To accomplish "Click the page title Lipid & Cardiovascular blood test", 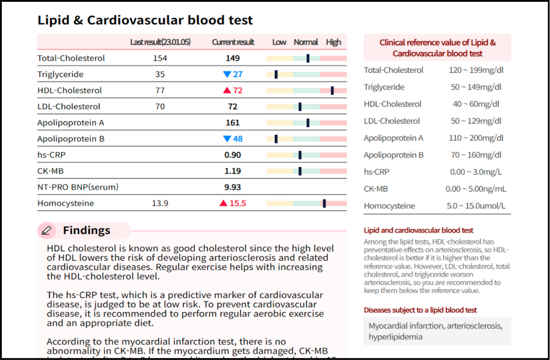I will [145, 20].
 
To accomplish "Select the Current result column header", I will [233, 42].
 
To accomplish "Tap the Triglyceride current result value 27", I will [238, 75].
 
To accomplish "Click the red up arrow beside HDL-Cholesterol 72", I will [227, 90].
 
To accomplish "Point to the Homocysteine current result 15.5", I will [238, 204].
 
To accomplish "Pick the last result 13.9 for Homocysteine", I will [160, 204].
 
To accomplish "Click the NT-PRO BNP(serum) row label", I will [78, 187].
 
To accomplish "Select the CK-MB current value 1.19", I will [233, 171].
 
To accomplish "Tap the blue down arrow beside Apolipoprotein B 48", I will [227, 139].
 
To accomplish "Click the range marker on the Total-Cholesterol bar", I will [308, 58].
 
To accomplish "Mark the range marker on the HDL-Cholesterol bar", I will [332, 90].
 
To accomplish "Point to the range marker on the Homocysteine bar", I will [324, 204].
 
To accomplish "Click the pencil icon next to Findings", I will [46, 231].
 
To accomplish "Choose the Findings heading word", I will [87, 230].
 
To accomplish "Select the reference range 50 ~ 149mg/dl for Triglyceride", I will [476, 87].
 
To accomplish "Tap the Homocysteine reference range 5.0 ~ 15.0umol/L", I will [476, 206].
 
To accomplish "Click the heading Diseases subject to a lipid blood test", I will [420, 310].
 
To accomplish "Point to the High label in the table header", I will [333, 42].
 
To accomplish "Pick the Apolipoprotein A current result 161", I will [233, 123].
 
